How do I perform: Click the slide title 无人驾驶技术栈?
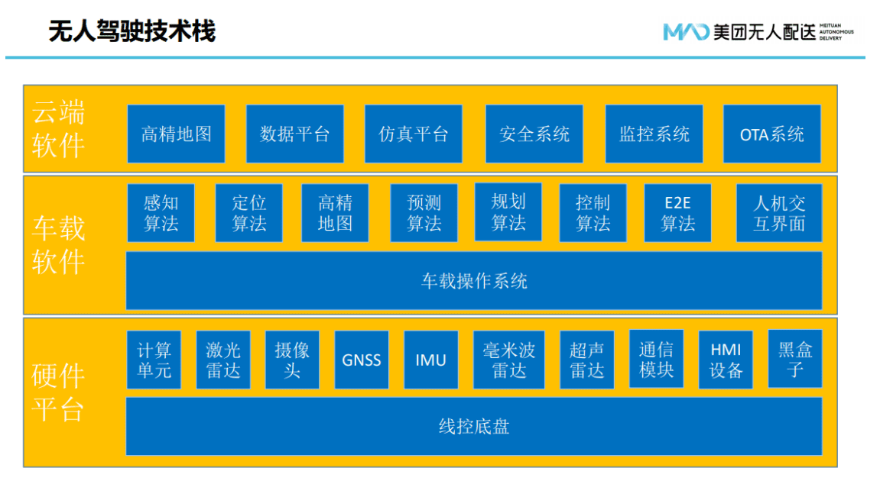click(132, 31)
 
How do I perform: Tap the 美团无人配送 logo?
click(758, 32)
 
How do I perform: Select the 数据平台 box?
click(294, 134)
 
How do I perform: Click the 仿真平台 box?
click(414, 134)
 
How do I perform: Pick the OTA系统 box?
click(771, 134)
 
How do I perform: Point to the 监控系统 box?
click(654, 134)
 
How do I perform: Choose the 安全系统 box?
click(534, 134)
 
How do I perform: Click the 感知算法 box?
click(161, 213)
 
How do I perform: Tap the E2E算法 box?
click(677, 213)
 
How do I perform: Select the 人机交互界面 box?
click(779, 213)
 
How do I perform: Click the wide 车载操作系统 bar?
click(474, 280)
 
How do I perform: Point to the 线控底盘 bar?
click(474, 426)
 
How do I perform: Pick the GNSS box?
click(362, 360)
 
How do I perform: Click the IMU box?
click(431, 360)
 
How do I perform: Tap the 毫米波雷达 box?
click(509, 360)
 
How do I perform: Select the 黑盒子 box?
click(794, 359)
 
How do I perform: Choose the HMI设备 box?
click(726, 360)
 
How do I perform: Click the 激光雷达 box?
click(223, 360)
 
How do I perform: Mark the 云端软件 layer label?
click(58, 129)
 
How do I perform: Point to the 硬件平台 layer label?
click(58, 392)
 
